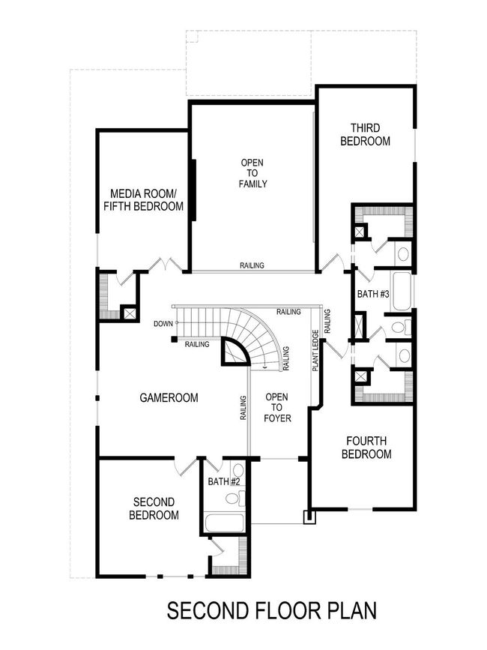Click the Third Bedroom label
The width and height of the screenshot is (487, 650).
coord(365,134)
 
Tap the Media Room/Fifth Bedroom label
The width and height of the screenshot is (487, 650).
coord(143,199)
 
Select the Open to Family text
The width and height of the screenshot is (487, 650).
coord(252,173)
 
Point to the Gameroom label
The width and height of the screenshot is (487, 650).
coord(169,398)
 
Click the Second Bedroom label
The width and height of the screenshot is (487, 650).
coord(154,508)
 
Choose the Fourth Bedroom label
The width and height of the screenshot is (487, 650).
coord(366,448)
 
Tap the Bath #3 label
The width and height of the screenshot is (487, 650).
coord(372,295)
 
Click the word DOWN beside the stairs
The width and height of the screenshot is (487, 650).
coord(163,324)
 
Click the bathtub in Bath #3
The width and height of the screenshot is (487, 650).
coord(402,291)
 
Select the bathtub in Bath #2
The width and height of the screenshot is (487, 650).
coord(223,523)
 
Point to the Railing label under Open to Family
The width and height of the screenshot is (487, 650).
coord(251,265)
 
